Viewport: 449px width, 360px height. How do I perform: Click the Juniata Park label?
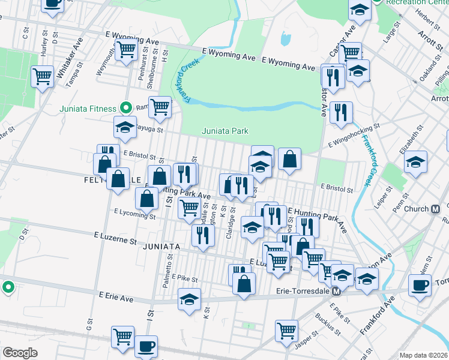[x=224, y=131]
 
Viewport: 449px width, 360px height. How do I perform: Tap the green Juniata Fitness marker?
[x=125, y=109]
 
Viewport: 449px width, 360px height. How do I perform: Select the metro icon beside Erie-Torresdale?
[x=337, y=292]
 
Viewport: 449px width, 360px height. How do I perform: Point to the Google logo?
[x=20, y=353]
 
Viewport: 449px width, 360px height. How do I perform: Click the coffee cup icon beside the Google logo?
[x=145, y=346]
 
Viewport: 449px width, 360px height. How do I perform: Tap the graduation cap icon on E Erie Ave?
[x=189, y=298]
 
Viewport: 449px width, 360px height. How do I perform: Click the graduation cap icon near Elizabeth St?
[x=415, y=162]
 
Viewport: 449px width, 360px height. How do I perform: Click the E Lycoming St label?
[x=134, y=213]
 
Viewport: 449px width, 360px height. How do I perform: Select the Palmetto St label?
[x=170, y=264]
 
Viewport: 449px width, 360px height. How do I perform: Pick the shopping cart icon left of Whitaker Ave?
[x=42, y=76]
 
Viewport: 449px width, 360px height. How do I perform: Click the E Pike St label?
[x=184, y=279]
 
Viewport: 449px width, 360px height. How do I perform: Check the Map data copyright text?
[x=423, y=355]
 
